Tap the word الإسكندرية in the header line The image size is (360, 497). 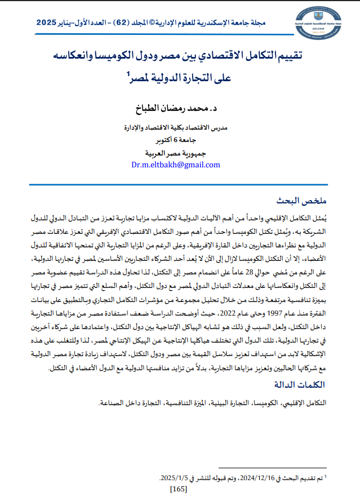point(234,24)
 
